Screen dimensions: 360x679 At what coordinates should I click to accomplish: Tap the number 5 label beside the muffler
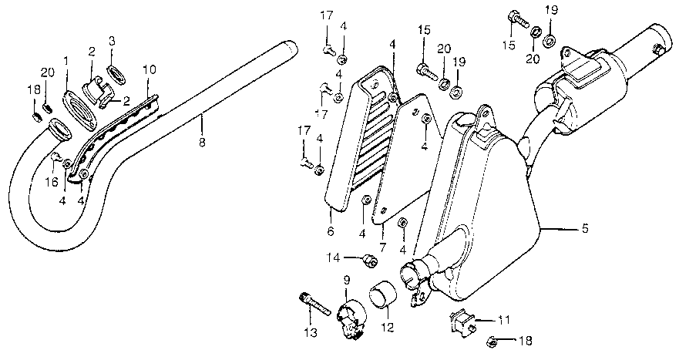pos(585,228)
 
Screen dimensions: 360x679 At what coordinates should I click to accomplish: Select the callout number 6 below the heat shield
pos(329,230)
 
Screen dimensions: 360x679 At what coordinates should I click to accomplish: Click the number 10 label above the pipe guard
pos(150,69)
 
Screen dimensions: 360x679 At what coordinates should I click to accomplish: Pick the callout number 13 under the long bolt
pos(309,333)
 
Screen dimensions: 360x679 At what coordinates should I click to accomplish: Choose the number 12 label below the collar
pos(387,327)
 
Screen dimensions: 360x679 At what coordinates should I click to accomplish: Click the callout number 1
pos(66,59)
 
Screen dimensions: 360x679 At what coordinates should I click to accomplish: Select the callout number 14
pos(333,257)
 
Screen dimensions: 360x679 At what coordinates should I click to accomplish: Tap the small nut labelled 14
pos(369,262)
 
